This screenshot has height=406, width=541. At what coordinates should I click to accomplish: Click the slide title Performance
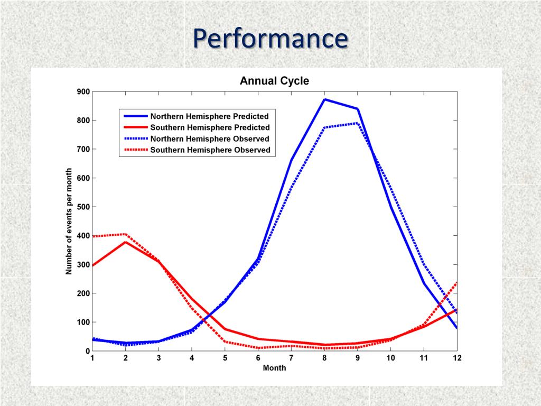270,38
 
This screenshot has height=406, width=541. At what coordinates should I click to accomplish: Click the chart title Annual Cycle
274,81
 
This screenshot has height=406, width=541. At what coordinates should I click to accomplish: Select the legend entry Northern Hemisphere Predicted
209,116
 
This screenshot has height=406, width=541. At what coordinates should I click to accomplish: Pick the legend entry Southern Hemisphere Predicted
210,127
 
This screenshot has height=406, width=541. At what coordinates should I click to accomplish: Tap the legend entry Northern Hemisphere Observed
210,139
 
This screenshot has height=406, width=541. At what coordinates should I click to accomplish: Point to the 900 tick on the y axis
82,91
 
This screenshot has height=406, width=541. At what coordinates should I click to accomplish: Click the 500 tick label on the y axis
82,207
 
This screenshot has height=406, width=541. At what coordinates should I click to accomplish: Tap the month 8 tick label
324,358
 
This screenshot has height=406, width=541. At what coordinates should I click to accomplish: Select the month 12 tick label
457,358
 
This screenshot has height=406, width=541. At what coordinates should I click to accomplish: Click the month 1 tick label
92,358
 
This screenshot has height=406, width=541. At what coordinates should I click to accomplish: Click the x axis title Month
274,368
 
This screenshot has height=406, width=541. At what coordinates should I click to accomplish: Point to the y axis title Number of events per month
69,221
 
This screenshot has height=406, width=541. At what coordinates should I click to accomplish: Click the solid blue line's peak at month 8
324,99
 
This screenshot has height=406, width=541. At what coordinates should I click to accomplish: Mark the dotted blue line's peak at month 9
358,123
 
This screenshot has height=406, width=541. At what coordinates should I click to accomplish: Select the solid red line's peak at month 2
125,242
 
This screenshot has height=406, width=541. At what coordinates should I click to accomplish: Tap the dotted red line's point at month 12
456,283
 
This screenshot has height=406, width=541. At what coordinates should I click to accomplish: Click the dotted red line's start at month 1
93,236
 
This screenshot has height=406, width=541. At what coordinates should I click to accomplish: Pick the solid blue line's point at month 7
291,161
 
